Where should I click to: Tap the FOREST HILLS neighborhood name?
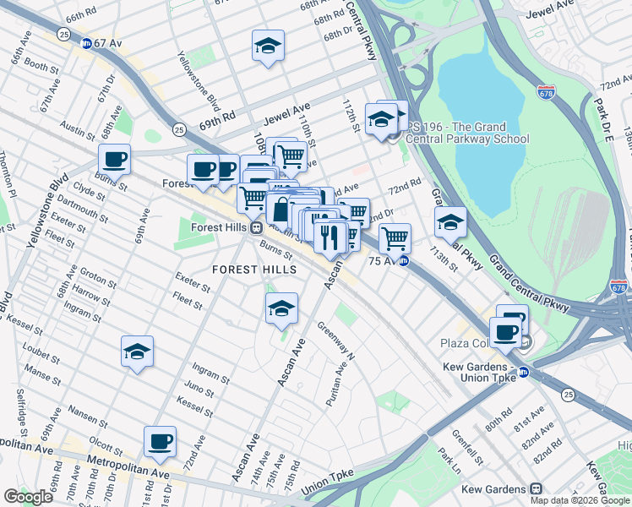click(254, 269)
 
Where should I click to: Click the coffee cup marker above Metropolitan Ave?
click(160, 440)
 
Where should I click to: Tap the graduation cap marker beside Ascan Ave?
click(281, 308)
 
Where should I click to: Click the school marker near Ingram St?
click(137, 352)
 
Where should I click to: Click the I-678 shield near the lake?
click(547, 90)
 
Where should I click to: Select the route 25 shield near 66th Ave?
click(63, 33)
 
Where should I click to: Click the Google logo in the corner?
click(29, 496)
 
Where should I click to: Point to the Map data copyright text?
click(580, 500)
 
